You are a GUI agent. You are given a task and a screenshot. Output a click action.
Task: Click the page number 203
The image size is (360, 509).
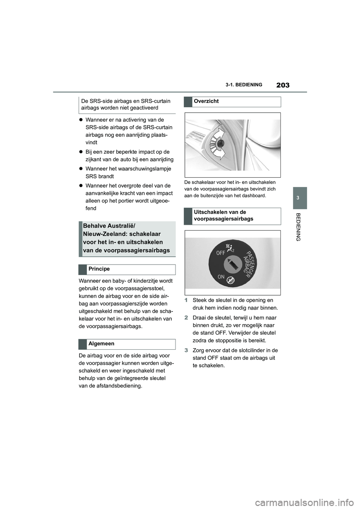[283, 85]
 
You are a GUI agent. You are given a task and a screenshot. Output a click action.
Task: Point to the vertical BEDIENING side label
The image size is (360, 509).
[298, 227]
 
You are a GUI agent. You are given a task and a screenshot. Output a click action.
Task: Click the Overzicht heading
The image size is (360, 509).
[206, 101]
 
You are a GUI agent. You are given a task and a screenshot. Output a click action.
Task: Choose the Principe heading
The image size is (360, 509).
[99, 269]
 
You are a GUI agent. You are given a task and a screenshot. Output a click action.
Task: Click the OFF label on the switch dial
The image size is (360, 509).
[220, 253]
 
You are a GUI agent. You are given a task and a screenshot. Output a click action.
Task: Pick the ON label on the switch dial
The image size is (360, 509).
[221, 276]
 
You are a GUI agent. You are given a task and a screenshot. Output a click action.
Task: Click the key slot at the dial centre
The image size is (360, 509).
[233, 265]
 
